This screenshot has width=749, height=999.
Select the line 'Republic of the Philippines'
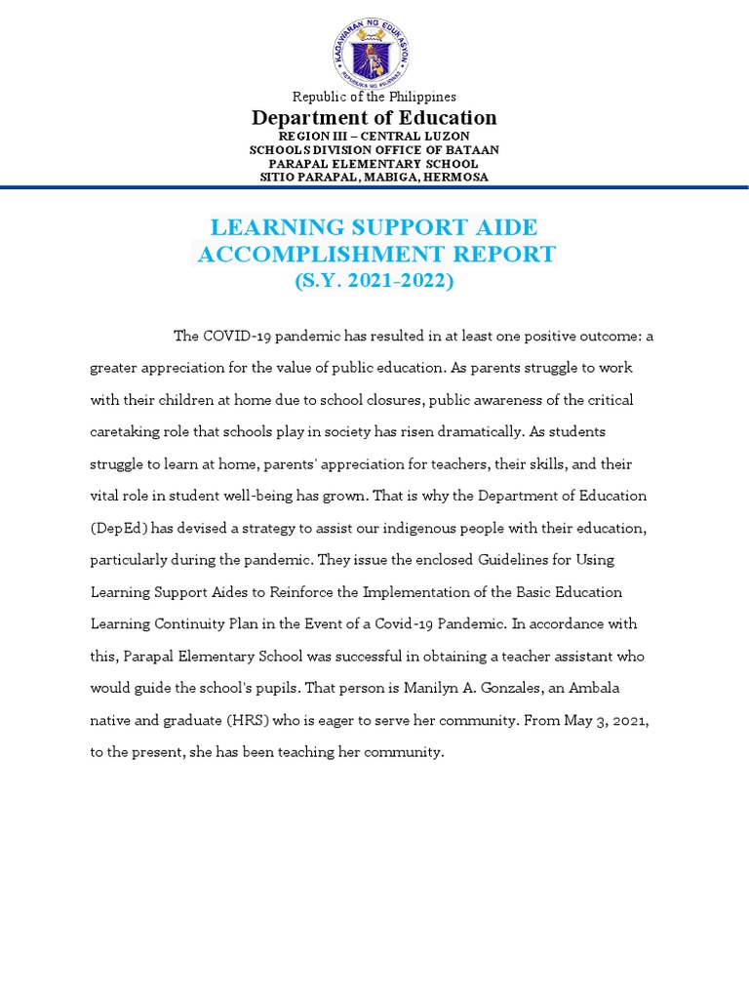tap(374, 97)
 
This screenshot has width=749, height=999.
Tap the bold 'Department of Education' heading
tap(374, 118)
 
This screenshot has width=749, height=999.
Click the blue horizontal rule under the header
tap(374, 187)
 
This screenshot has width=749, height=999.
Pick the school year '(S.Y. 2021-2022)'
tap(374, 281)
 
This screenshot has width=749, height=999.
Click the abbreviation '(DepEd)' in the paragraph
tap(121, 528)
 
